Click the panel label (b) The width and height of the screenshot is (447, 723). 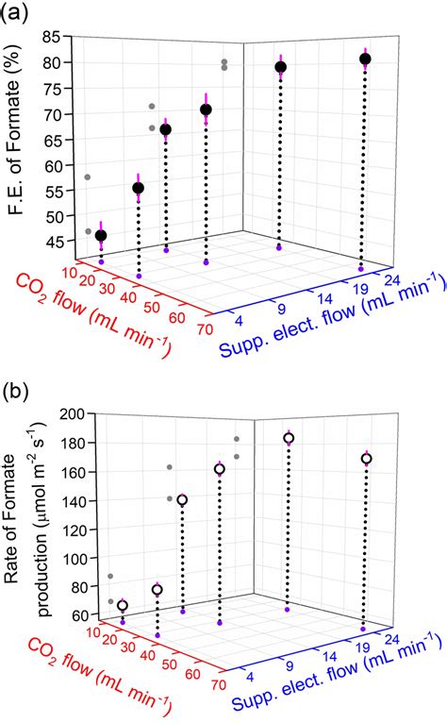18,389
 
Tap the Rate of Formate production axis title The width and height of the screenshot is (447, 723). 28,514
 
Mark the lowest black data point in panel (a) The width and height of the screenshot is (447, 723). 101,235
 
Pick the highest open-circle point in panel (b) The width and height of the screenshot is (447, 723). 289,438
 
